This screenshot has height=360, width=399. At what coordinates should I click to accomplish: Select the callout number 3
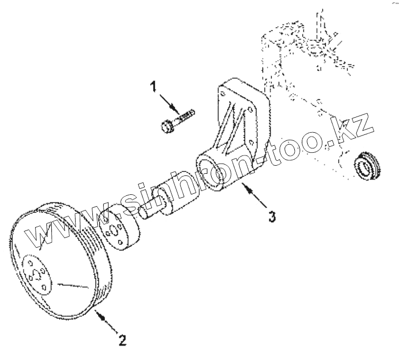(273, 216)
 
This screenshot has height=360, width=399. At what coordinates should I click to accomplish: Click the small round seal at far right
(369, 165)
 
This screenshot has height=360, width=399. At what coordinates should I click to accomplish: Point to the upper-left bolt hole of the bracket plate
(222, 94)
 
